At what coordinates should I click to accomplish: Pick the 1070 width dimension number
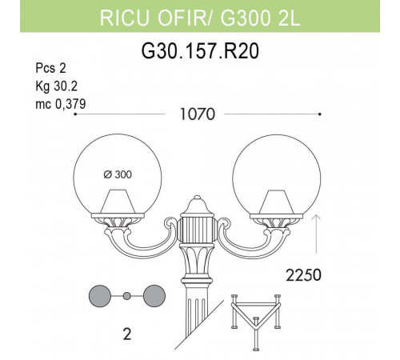pyautogui.click(x=196, y=115)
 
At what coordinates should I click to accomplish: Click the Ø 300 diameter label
pyautogui.click(x=118, y=174)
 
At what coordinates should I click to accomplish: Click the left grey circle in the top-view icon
pyautogui.click(x=100, y=296)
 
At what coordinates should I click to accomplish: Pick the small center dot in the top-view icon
pyautogui.click(x=126, y=296)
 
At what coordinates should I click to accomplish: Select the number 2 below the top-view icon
pyautogui.click(x=126, y=332)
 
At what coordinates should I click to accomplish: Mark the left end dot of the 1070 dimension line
pyautogui.click(x=74, y=115)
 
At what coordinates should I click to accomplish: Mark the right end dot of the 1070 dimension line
pyautogui.click(x=321, y=115)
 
